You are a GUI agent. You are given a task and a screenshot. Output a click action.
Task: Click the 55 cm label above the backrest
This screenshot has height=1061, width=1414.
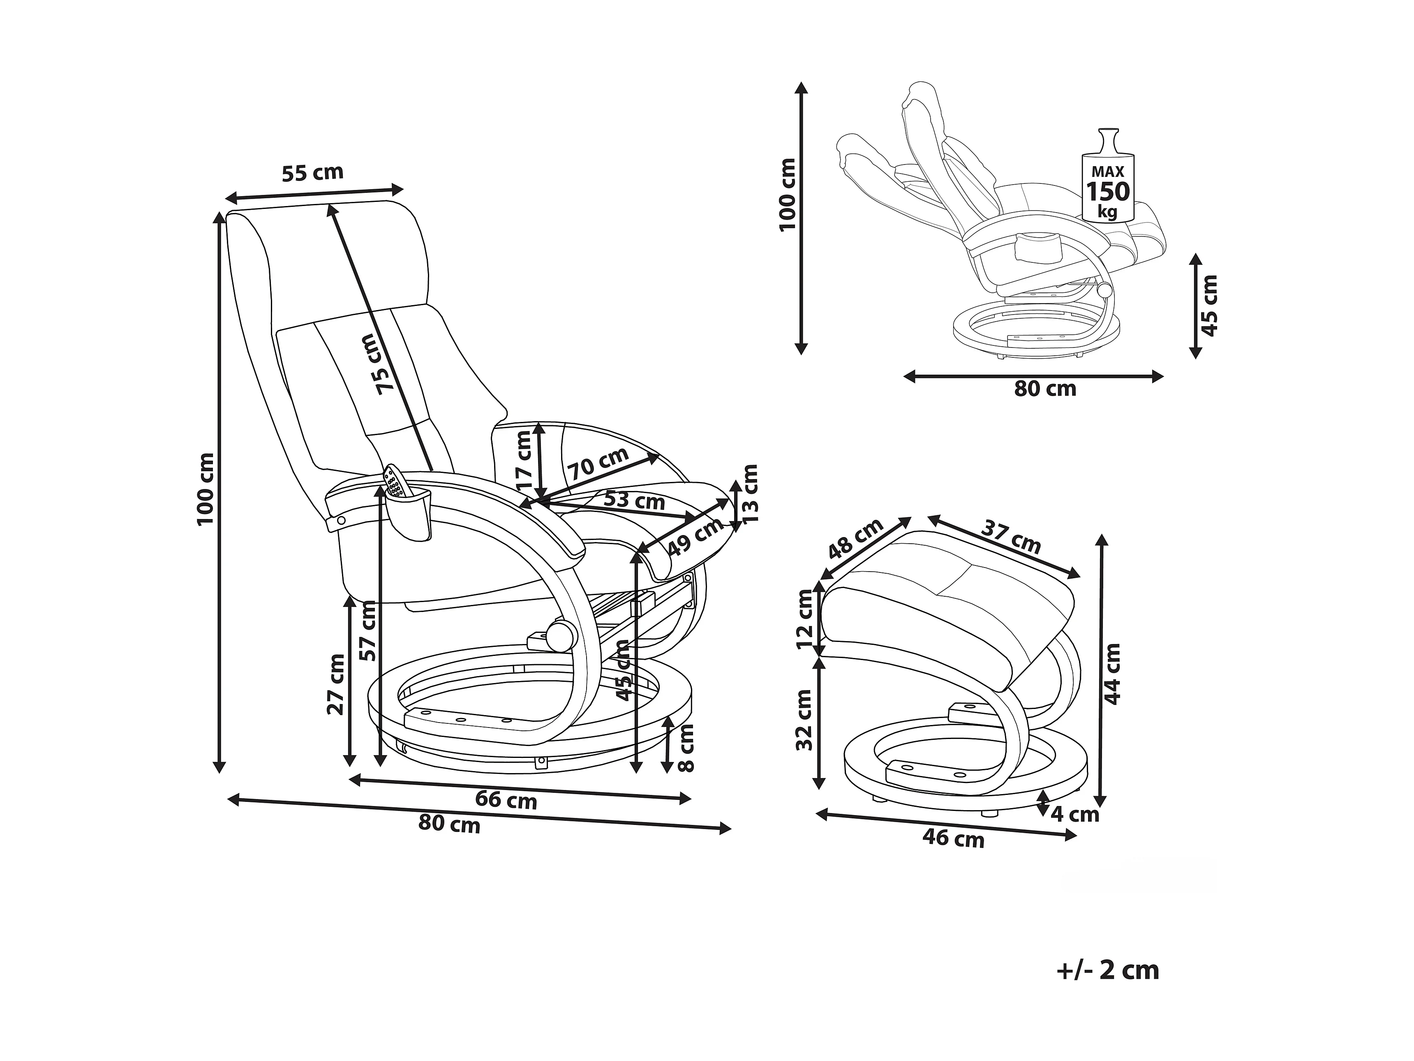point(312,173)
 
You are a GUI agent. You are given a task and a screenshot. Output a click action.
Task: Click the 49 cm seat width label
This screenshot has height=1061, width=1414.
point(695,535)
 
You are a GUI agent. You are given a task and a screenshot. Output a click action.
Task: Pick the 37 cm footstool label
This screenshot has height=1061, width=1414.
point(1011,537)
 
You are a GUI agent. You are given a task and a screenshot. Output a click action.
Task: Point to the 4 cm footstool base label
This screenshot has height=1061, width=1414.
point(1075,814)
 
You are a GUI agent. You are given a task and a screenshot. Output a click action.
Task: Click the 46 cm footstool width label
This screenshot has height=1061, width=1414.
point(954,838)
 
